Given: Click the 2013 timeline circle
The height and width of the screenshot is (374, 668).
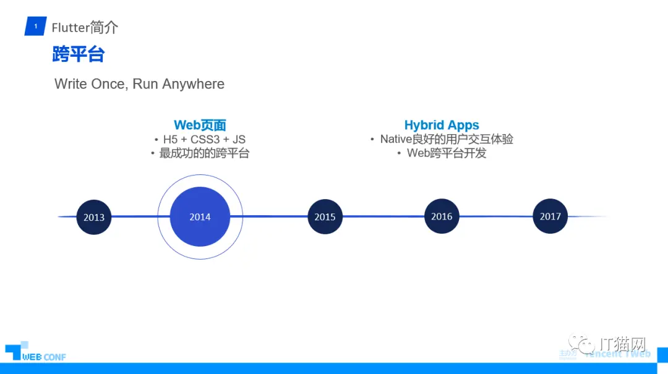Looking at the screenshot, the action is coord(94,217).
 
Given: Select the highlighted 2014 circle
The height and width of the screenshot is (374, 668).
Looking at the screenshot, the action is coord(200,216).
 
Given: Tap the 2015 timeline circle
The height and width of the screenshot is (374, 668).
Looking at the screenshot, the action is coord(325,216).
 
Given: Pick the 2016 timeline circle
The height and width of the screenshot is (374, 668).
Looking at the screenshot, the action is coord(442,216).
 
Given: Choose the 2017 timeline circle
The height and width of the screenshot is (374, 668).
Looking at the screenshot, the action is coord(550,216).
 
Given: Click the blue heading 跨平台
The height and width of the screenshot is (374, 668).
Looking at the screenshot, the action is coord(79,54).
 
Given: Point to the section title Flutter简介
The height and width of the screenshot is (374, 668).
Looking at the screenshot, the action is coord(85,27).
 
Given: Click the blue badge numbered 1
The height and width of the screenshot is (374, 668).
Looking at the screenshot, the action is coord(35,27).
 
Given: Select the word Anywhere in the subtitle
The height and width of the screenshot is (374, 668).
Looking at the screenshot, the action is coord(193,84).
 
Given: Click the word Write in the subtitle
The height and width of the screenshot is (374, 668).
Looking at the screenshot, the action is coord(71,84).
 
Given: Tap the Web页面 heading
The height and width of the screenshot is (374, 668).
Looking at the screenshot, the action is coord(200,125).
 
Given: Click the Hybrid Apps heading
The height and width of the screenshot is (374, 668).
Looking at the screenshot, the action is coord(442,125).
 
